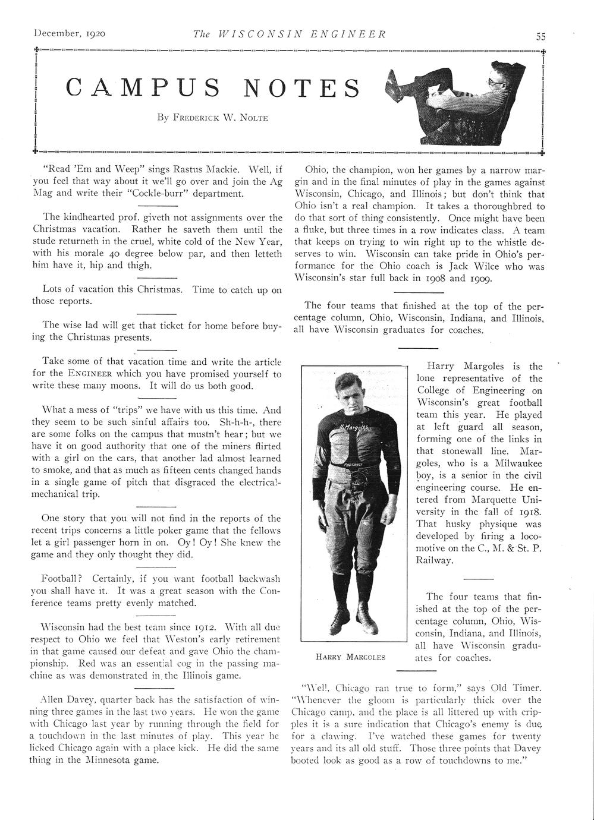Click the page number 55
click(540, 36)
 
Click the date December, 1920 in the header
click(70, 34)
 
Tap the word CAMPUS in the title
click(143, 87)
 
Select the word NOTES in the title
click(302, 87)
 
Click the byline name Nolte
click(254, 118)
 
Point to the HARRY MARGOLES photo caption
click(350, 657)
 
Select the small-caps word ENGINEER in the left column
click(90, 374)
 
